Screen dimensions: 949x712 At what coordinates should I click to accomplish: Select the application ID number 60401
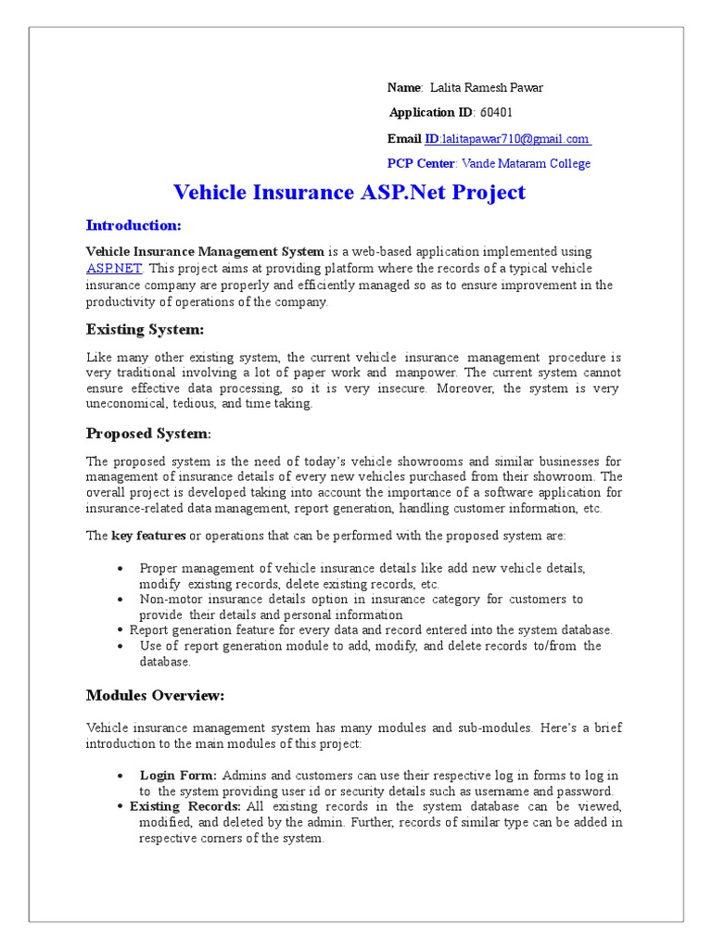(x=497, y=113)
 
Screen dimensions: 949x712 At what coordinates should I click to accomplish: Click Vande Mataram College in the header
(x=526, y=164)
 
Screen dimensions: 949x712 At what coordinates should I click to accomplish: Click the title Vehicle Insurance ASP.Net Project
(x=350, y=193)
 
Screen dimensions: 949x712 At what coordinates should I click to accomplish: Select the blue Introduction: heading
(x=133, y=225)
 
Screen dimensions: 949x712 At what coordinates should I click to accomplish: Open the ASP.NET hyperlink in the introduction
(x=114, y=269)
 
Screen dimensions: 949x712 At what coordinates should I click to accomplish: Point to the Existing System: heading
(x=144, y=330)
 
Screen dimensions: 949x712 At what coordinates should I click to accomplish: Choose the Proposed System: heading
(x=148, y=434)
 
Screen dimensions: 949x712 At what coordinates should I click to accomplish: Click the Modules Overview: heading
(x=155, y=695)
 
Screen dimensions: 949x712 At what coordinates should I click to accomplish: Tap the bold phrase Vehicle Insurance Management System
(x=205, y=252)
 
